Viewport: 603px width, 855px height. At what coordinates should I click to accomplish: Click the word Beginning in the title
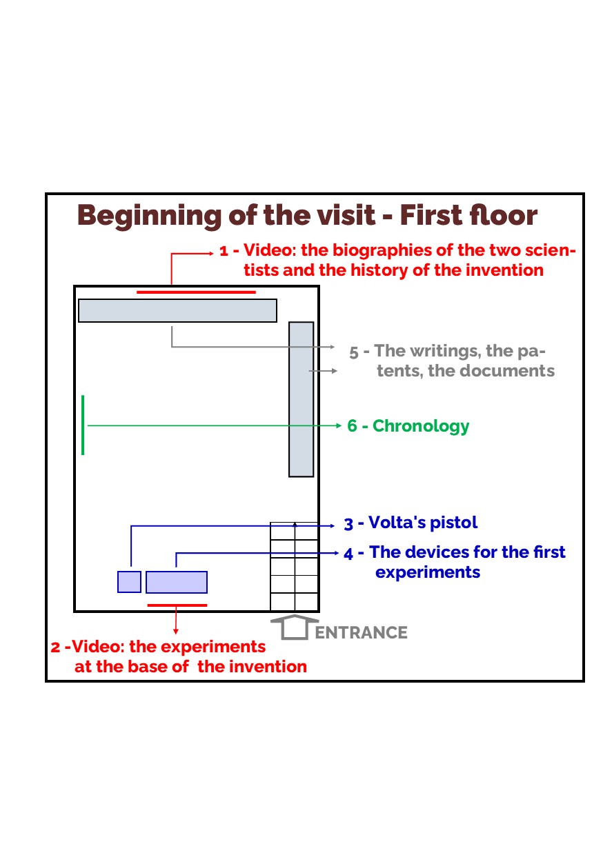(149, 217)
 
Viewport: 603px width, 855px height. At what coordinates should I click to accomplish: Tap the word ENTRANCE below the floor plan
(361, 633)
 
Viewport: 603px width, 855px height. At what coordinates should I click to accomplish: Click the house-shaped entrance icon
(295, 627)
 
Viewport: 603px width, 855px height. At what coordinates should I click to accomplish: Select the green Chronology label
(408, 426)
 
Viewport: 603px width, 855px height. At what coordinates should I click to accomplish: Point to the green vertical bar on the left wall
(83, 425)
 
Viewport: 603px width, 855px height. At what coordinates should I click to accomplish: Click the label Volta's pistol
(410, 523)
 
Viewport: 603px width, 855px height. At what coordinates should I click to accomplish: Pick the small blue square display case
(129, 582)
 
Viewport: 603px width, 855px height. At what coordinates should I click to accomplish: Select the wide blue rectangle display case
(177, 582)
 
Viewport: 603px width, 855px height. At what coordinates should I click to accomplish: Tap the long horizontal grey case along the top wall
(177, 310)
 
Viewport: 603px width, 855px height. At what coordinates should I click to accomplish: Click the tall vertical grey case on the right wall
(301, 399)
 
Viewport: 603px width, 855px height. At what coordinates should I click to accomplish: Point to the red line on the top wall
(197, 292)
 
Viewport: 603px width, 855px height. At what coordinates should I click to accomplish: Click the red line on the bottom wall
(177, 605)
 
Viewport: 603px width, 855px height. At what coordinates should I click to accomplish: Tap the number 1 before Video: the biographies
(224, 252)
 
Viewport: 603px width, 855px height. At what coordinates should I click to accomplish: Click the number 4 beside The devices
(348, 554)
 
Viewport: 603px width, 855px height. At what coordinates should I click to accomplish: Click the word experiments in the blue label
(428, 573)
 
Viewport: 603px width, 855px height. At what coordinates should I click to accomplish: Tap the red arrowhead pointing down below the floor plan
(176, 632)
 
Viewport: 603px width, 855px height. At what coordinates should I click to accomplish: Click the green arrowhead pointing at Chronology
(338, 425)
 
